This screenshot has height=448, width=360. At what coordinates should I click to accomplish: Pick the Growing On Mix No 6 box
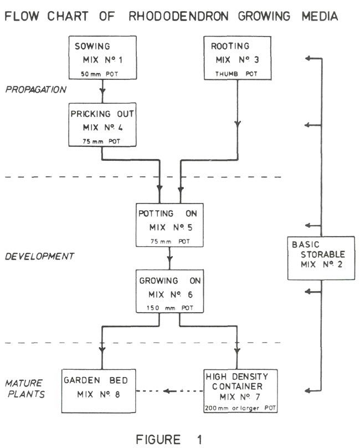tap(169, 292)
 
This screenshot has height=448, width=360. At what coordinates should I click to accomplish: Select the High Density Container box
tap(238, 390)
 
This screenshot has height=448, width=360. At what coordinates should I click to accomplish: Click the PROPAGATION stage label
tap(36, 89)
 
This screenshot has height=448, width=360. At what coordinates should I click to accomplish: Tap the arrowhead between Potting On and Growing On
tap(169, 259)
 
